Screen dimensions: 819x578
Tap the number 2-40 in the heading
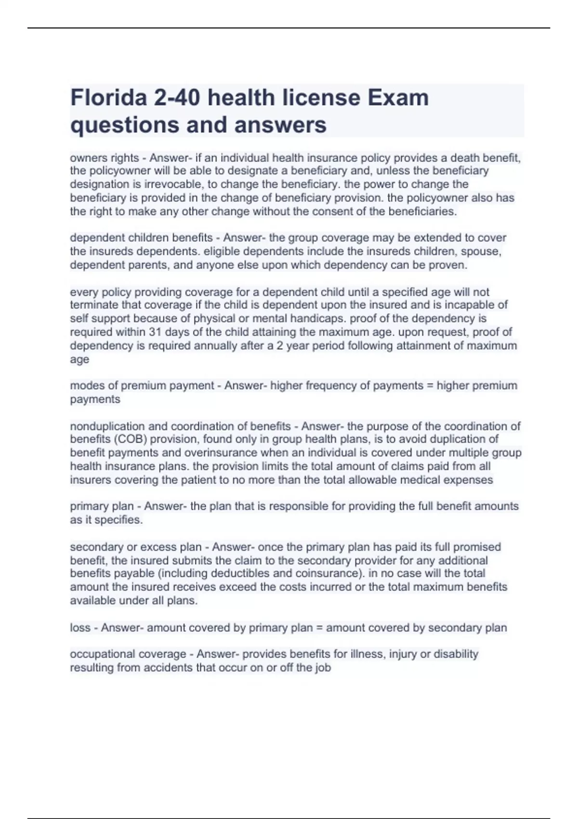(x=177, y=98)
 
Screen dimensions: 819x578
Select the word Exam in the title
(x=398, y=98)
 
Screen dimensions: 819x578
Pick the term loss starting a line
(x=80, y=628)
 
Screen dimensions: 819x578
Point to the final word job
(x=321, y=668)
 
